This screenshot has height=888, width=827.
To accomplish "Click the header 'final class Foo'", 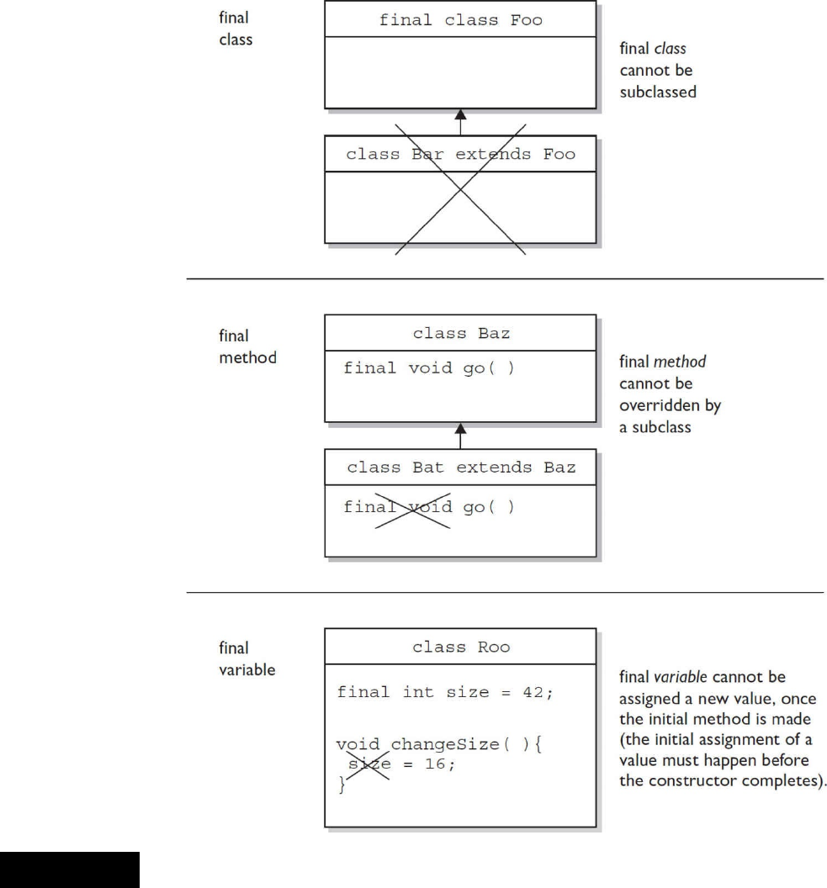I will point(460,19).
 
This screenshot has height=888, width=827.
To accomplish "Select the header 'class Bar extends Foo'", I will point(460,155).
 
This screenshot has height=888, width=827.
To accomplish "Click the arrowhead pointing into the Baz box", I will point(460,430).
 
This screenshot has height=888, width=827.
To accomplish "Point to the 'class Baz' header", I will point(460,334).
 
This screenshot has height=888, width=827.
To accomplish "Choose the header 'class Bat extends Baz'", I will point(460,468).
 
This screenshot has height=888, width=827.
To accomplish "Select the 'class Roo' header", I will point(460,647).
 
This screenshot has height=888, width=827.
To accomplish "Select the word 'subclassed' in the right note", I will point(658,92).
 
